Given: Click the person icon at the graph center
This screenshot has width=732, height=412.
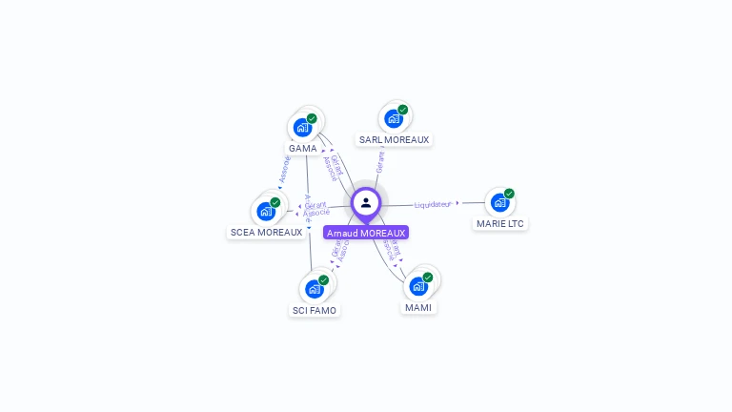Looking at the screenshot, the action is coord(366,202).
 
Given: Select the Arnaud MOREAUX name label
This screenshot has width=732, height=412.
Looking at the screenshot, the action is coord(366,233).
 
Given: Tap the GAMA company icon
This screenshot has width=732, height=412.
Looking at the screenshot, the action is coord(302,127).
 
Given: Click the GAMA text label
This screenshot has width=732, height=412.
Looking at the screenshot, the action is coord(303,149).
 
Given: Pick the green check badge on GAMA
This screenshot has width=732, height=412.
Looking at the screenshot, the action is coord(312,118).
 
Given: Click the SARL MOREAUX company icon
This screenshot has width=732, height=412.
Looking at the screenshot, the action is coord(393,119).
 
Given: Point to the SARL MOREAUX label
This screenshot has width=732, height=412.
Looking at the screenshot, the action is coord(394,140).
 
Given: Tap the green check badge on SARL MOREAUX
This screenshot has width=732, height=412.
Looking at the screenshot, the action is coord(403,110).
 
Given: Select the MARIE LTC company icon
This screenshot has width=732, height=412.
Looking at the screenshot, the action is coord(499,202).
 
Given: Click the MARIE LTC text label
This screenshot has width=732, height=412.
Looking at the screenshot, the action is coord(500,224).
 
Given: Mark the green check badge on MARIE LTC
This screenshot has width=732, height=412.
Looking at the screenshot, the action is coord(509,194).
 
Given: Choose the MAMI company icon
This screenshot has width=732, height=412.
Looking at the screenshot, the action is coord(417,286).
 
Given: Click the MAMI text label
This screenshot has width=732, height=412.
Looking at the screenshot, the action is coord(418,308).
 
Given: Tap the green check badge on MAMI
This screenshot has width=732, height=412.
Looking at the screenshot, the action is coord(428,278).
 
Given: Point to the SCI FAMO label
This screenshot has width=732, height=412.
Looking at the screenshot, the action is coord(314,310).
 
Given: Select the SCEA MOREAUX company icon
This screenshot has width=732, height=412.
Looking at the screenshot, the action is coord(265,211).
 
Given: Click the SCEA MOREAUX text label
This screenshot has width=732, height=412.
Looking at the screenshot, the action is coord(266,233).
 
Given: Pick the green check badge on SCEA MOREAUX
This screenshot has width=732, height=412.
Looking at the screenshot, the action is coord(275,202).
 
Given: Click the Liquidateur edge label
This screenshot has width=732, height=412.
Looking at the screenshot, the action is coord(433,204).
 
